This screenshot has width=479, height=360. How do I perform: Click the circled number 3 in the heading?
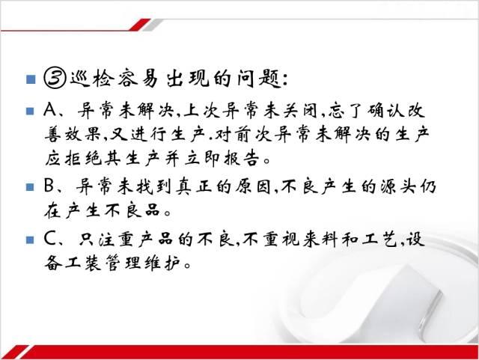(x=55, y=79)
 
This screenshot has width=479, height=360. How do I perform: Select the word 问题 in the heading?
(x=260, y=79)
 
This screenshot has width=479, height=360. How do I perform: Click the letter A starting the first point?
(x=50, y=110)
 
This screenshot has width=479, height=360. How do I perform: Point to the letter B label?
(x=49, y=186)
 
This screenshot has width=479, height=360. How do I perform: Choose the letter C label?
(x=49, y=238)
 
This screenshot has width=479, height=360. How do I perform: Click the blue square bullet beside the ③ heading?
(x=31, y=79)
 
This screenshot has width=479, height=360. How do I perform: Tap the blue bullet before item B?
(x=30, y=186)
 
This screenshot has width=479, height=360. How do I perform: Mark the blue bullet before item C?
(x=30, y=240)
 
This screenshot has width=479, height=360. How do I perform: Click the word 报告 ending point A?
(x=242, y=159)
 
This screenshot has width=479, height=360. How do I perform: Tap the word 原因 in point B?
(x=253, y=186)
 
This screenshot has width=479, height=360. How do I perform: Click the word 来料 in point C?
(x=320, y=239)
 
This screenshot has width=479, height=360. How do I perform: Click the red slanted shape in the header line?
(x=140, y=25)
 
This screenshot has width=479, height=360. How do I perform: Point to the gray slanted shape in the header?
(x=153, y=25)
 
